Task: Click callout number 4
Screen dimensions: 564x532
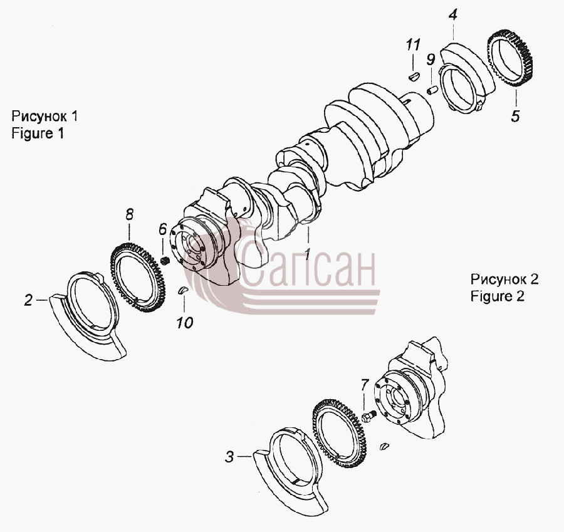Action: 453,16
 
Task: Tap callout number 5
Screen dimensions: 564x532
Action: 516,116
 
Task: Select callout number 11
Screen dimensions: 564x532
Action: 413,45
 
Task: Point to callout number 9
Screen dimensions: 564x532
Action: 431,60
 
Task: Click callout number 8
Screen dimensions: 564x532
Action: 130,215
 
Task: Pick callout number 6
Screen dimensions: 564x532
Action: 163,229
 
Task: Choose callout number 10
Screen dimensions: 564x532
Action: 185,323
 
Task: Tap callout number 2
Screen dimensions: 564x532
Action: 28,300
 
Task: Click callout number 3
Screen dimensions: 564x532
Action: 229,457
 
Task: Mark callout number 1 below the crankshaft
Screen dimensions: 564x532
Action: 307,254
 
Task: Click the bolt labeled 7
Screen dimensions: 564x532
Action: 369,417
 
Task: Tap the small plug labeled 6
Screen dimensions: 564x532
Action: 165,261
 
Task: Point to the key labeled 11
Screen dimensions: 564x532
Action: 414,76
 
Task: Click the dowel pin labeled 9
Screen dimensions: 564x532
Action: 432,90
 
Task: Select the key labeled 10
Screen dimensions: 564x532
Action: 183,290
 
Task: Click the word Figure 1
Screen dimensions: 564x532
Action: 38,134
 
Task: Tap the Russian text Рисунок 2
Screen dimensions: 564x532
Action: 504,279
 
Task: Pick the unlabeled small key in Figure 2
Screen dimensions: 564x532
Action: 385,446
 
